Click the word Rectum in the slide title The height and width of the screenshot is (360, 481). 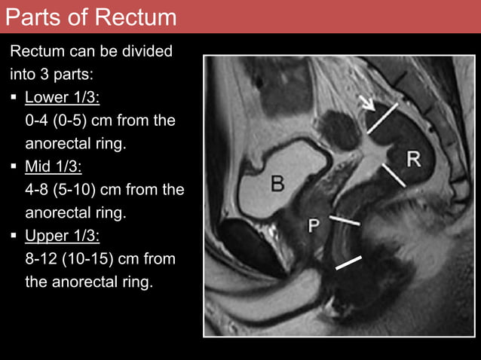[x=133, y=17]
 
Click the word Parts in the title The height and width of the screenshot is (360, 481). [x=33, y=17]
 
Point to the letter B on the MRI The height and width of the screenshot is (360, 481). [x=277, y=184]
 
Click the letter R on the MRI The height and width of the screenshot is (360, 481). [x=414, y=158]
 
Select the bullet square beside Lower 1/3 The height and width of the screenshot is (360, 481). [x=14, y=98]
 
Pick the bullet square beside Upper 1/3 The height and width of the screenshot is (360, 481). [x=14, y=236]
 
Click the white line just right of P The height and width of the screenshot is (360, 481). [x=345, y=221]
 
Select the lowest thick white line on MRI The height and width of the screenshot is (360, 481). [x=348, y=263]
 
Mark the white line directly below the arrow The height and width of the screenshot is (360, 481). [x=383, y=118]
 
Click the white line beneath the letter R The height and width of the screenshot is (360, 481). [x=394, y=175]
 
